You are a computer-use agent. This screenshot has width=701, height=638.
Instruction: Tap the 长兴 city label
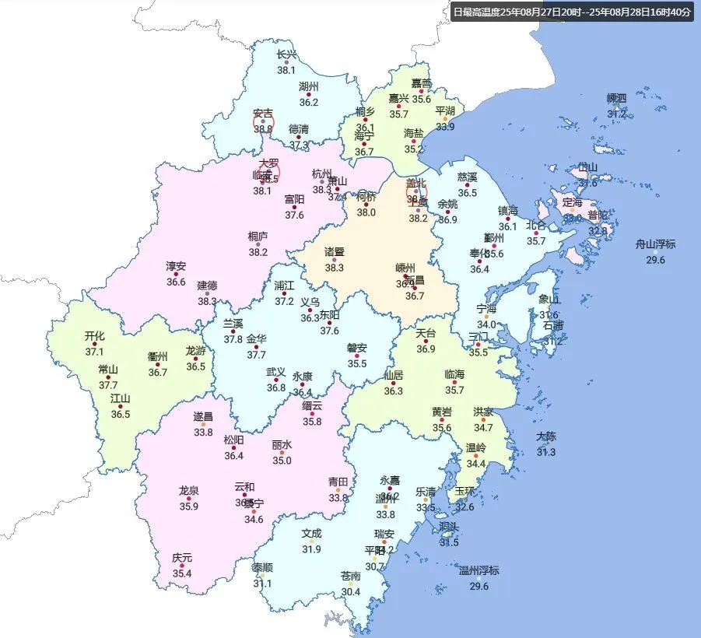(x=287, y=54)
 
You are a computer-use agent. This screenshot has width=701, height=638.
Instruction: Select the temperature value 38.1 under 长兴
(x=287, y=69)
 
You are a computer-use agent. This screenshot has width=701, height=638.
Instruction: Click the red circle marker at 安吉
(x=263, y=121)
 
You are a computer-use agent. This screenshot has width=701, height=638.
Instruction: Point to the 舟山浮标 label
(x=655, y=244)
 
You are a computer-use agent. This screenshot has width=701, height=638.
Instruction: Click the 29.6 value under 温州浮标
(x=478, y=586)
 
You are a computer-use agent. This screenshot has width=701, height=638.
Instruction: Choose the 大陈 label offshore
(x=545, y=436)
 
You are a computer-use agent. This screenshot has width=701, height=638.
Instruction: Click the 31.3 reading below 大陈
(x=545, y=452)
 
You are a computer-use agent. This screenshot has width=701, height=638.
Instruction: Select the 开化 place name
(x=94, y=336)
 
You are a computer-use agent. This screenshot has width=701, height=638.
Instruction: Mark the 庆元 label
(x=182, y=558)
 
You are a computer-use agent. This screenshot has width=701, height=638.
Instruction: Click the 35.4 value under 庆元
(x=182, y=573)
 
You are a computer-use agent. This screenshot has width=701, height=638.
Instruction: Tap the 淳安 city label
(x=176, y=266)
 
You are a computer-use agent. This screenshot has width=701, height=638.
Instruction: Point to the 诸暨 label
(x=334, y=251)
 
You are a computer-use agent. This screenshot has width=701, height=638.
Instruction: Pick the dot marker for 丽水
(x=282, y=453)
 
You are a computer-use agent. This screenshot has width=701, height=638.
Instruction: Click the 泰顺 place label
(x=262, y=567)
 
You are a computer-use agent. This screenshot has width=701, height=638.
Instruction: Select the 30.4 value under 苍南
(x=351, y=591)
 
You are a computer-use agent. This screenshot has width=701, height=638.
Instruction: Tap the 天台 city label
(x=426, y=333)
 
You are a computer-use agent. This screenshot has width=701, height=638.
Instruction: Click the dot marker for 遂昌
(x=203, y=424)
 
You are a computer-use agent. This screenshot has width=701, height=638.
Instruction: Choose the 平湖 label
(x=445, y=111)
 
